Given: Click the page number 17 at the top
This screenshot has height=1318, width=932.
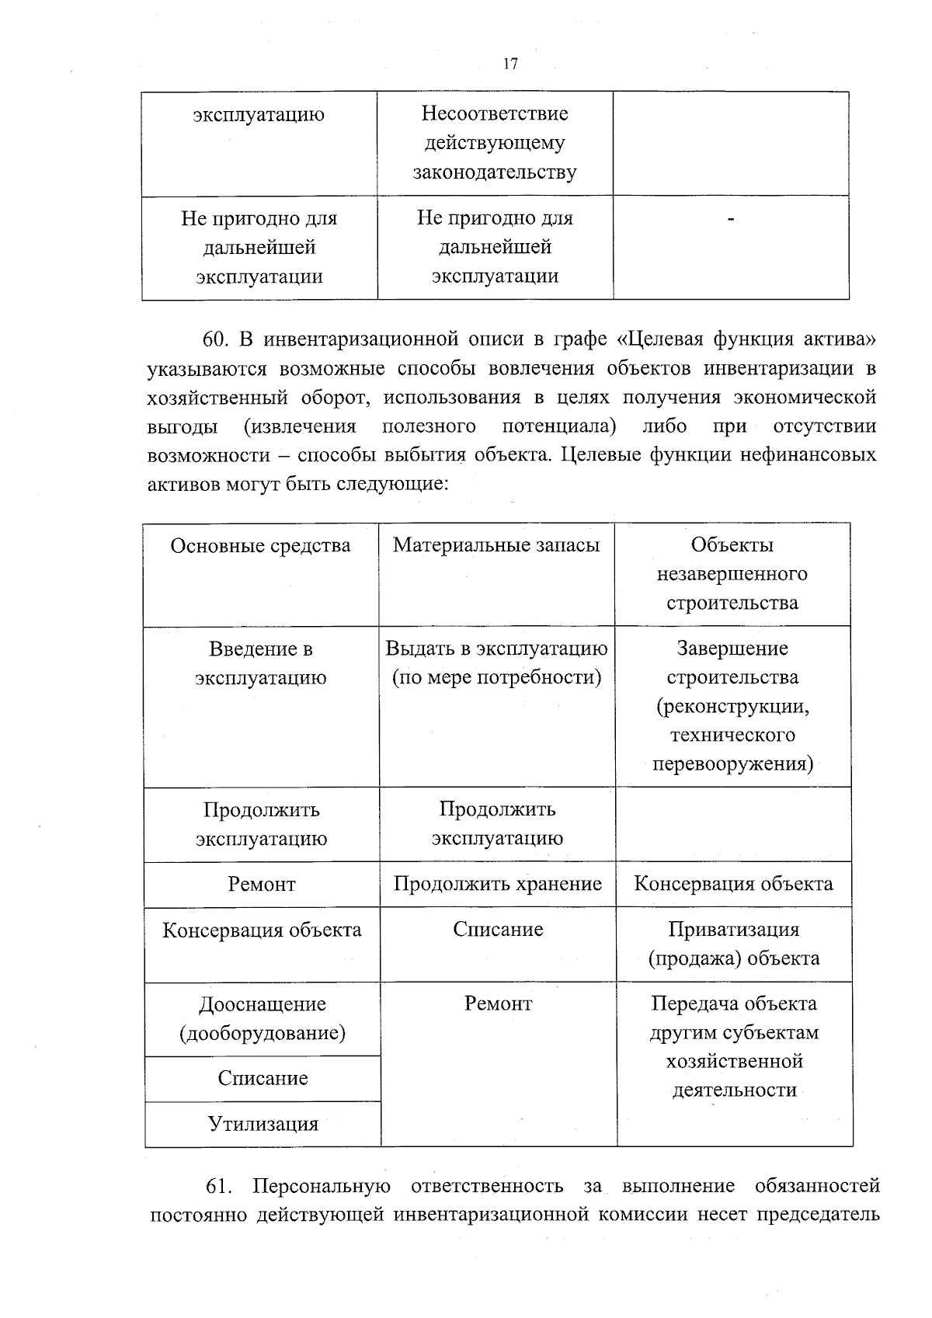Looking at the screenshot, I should point(510,64).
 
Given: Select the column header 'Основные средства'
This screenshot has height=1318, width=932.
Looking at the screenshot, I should point(260,545).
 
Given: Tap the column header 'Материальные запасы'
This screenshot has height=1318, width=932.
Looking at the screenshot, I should point(496,545).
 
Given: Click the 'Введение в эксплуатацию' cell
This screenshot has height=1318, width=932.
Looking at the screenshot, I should point(261,662).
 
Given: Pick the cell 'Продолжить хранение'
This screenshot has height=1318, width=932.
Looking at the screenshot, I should point(497,884).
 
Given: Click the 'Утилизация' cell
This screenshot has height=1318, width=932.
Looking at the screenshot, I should point(263,1124).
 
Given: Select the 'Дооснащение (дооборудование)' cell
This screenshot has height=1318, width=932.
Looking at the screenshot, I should point(263,1018).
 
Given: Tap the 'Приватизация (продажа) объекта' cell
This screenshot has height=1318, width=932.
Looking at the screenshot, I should point(733,944).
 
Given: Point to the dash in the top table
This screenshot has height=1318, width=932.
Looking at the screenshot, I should point(730,221).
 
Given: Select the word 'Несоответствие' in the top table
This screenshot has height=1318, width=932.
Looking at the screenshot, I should point(495,114).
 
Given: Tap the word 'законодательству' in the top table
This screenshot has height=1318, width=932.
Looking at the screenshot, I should point(495,172).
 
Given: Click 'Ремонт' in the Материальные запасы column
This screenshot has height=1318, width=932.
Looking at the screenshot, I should point(498,1003).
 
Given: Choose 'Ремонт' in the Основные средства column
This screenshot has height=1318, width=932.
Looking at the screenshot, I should point(262,884).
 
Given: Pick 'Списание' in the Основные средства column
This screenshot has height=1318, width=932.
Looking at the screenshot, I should point(263,1078).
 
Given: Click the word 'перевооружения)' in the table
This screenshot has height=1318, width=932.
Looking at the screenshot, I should point(732,763).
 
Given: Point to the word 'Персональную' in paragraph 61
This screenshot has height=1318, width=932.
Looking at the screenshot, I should point(320,1187).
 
